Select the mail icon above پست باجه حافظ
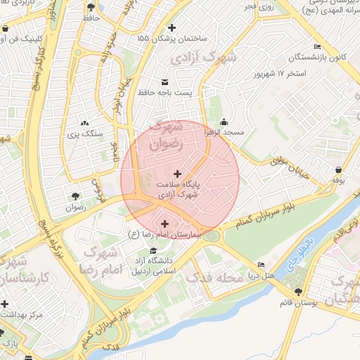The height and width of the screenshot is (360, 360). (165, 81)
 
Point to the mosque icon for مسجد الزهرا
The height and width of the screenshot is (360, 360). (224, 121)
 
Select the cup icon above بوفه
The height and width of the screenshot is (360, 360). (340, 169)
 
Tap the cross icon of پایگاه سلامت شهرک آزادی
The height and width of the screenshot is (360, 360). (176, 173)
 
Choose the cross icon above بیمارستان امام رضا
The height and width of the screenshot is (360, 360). (165, 224)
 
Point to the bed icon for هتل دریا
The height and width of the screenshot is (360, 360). (262, 265)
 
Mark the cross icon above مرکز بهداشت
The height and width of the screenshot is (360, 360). (6, 304)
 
